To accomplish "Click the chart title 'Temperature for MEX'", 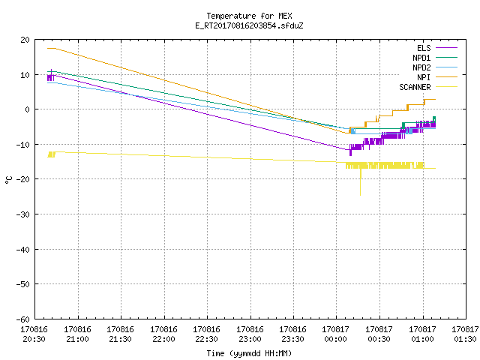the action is tap(249, 16).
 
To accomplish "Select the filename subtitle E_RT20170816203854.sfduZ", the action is tap(249, 25).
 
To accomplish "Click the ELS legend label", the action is tap(424, 48).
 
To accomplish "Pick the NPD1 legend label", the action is tap(421, 58).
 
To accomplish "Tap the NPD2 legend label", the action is tap(421, 67).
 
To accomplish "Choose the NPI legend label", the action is tap(424, 77).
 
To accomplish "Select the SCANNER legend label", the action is tap(415, 87).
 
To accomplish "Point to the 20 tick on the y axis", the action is tap(25, 40).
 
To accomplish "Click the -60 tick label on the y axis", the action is tap(23, 319).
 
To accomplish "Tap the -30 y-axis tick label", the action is tap(23, 214).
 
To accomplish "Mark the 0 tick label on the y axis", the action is tap(28, 109).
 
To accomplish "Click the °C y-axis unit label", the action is tap(8, 180).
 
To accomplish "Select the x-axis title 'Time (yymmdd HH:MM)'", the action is tap(249, 353).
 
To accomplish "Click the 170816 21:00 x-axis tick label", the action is tap(77, 334).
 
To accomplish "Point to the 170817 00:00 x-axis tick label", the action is tap(336, 334).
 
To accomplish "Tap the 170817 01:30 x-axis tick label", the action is tap(465, 334).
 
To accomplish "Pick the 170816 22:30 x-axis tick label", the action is tap(207, 334).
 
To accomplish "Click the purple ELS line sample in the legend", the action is tap(447, 48).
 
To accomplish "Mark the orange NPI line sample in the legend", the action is tap(447, 77).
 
